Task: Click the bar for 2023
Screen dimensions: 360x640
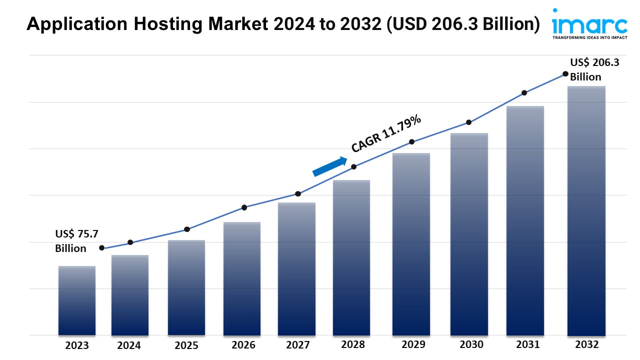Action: click(x=77, y=300)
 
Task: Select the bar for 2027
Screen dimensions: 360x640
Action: click(x=297, y=268)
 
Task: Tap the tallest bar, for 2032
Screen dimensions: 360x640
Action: click(x=586, y=210)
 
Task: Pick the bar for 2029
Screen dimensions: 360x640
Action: click(x=411, y=244)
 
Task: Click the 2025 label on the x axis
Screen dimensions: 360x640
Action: click(x=186, y=345)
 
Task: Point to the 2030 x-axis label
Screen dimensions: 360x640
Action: click(x=471, y=344)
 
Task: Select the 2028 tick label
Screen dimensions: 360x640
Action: click(x=353, y=344)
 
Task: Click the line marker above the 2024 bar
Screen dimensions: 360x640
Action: click(x=130, y=242)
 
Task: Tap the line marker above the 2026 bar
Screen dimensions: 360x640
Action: click(x=244, y=207)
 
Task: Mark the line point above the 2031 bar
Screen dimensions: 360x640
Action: click(x=524, y=93)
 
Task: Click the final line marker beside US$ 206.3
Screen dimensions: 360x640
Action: click(x=565, y=73)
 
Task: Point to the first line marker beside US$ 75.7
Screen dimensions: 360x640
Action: click(x=102, y=248)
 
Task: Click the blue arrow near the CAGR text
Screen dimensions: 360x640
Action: click(x=330, y=166)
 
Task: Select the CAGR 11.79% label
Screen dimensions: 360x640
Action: click(x=386, y=133)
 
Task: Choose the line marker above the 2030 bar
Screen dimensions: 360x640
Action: click(x=469, y=122)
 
